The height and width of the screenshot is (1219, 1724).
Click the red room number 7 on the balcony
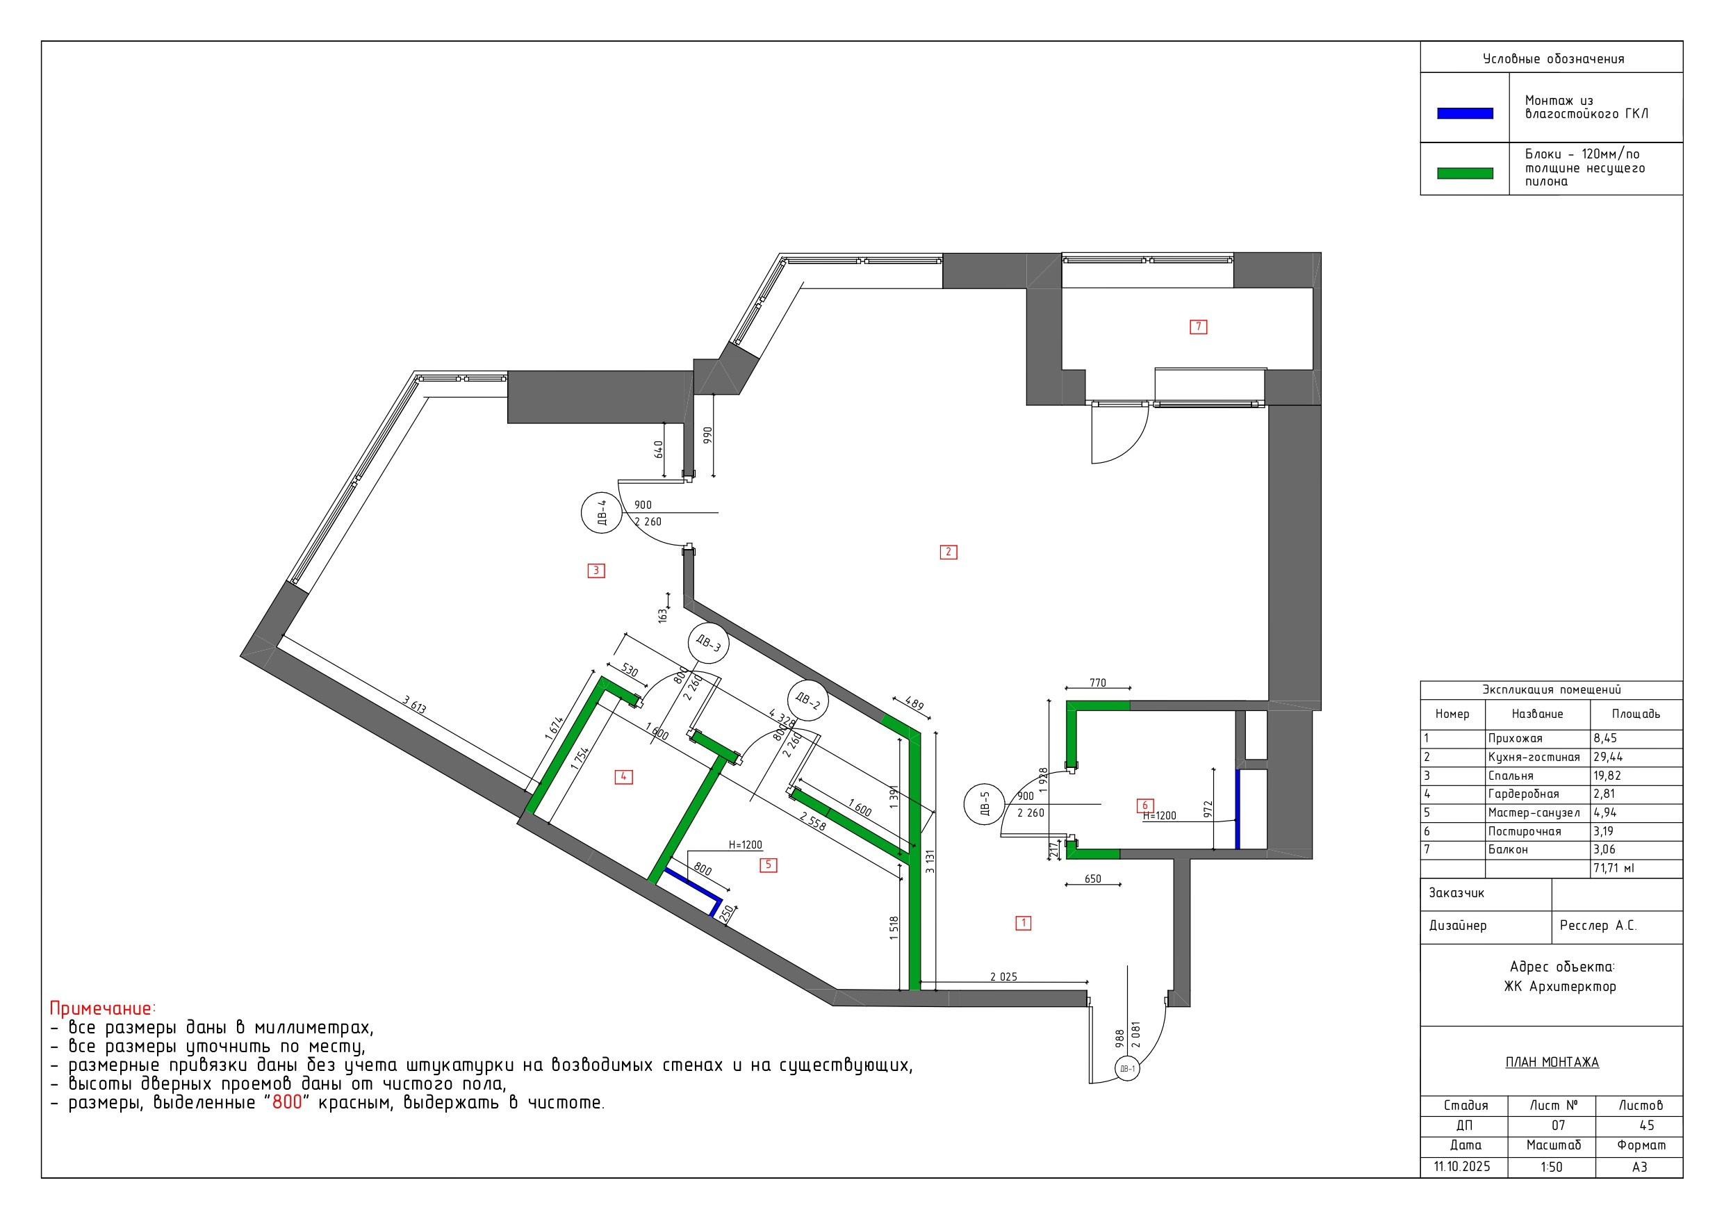point(1199,327)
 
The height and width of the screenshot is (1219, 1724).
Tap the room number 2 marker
point(949,552)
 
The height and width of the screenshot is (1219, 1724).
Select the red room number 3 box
point(596,571)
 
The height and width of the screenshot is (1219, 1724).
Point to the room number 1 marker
point(1024,923)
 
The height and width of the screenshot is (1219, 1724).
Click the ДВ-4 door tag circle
point(602,513)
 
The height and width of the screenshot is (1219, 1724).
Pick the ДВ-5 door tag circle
point(985,804)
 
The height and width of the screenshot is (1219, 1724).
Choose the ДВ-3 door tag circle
point(708,643)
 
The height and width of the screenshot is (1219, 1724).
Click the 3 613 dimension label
point(414,705)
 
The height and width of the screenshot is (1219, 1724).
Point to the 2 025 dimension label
point(1003,977)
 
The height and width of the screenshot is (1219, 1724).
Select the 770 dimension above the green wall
point(1098,682)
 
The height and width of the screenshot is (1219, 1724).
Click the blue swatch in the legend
point(1465,113)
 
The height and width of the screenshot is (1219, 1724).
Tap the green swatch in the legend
point(1465,174)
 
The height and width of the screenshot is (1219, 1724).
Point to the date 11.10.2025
point(1462,1166)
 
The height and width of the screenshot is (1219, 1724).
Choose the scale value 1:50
point(1551,1167)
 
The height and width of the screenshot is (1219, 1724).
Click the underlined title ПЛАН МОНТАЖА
point(1552,1062)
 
